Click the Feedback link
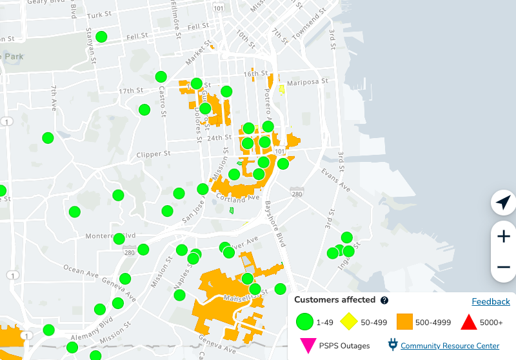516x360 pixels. (491, 301)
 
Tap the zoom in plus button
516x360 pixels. (504, 236)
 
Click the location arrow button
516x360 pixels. (503, 203)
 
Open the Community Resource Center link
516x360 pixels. (450, 346)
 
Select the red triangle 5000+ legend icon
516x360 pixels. (469, 321)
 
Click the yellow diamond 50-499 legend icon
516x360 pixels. (349, 321)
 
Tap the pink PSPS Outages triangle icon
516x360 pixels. (308, 346)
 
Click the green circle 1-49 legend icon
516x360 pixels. (304, 321)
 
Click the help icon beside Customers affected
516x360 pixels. (384, 300)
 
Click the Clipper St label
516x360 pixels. (154, 155)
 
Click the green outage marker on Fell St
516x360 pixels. (101, 37)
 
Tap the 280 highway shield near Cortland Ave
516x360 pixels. (296, 194)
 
